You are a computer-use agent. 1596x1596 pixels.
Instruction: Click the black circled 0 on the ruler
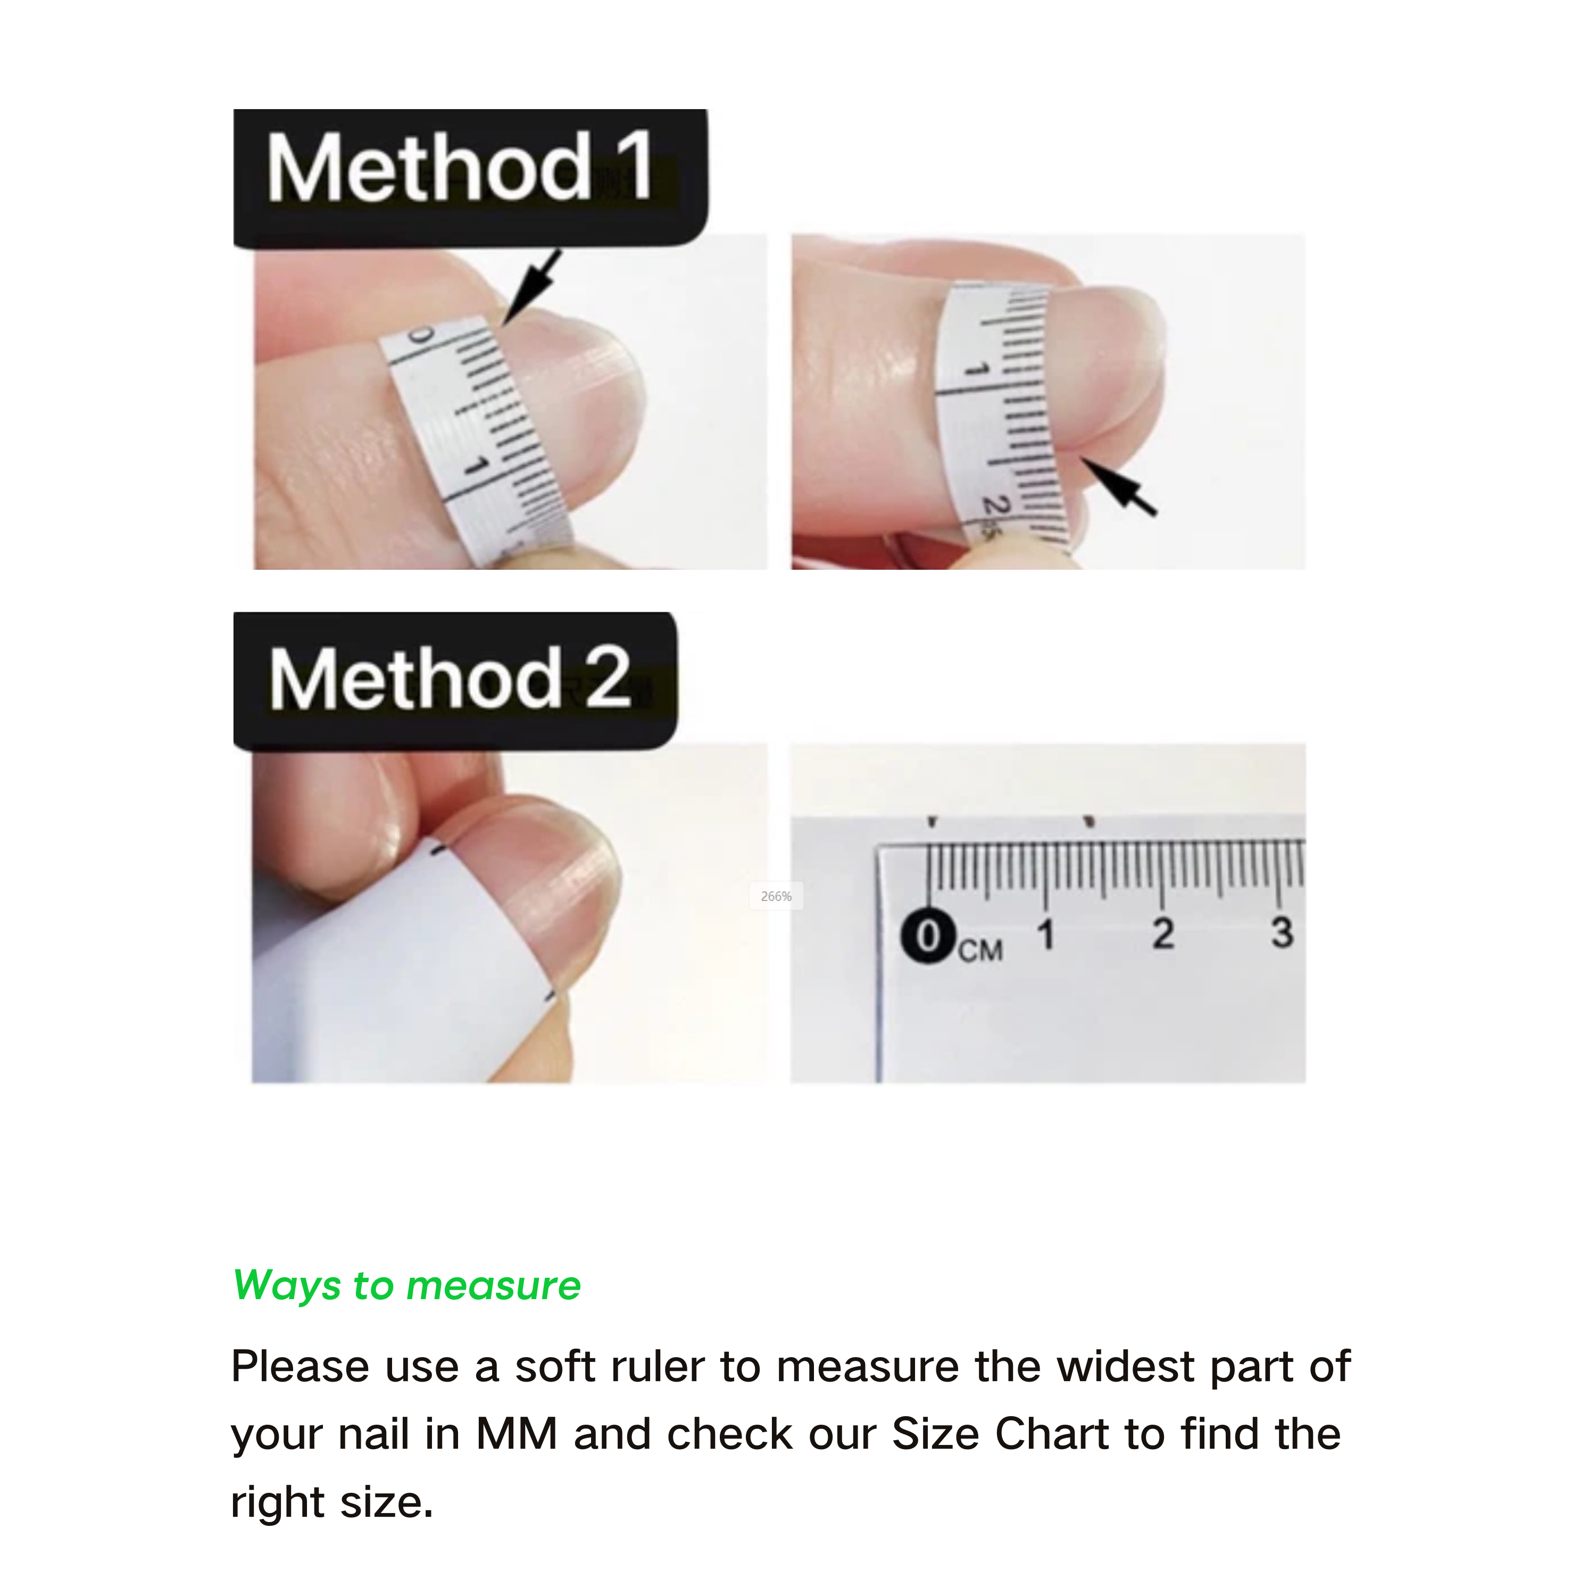coord(929,937)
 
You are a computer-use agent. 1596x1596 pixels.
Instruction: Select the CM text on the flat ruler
coord(980,950)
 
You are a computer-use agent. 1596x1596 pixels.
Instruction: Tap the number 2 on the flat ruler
coord(1163,934)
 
